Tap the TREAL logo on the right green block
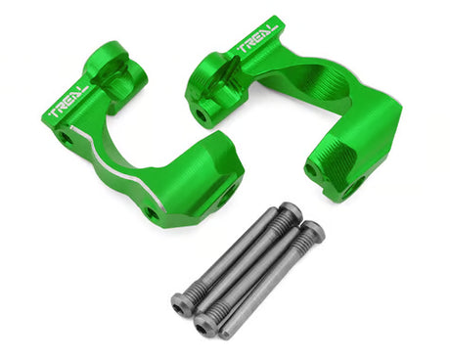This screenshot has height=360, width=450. coord(259,37)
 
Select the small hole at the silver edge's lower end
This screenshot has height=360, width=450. coord(153,213)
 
